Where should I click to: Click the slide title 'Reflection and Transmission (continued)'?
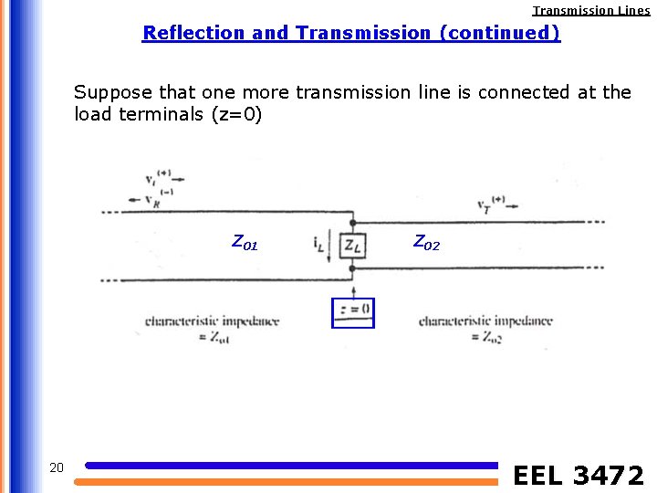pyautogui.click(x=351, y=33)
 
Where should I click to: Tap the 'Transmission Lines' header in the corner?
pyautogui.click(x=591, y=11)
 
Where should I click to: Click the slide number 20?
pyautogui.click(x=56, y=468)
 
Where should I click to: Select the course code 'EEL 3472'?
pyautogui.click(x=579, y=476)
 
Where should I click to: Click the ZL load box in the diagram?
pyautogui.click(x=352, y=245)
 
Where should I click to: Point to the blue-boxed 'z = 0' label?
pyautogui.click(x=352, y=311)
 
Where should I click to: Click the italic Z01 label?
pyautogui.click(x=245, y=243)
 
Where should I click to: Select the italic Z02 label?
pyautogui.click(x=426, y=242)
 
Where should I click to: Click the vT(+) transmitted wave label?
pyautogui.click(x=490, y=202)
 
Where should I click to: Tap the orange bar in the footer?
pyautogui.click(x=292, y=481)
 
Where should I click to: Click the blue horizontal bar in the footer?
pyautogui.click(x=292, y=466)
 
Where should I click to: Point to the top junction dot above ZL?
pyautogui.click(x=352, y=221)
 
